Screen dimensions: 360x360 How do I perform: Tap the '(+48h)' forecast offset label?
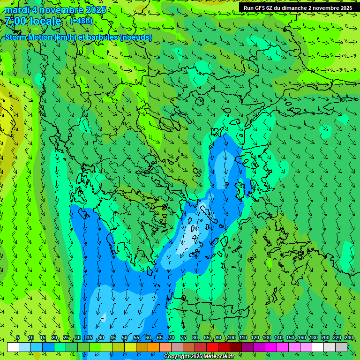pos(81,21)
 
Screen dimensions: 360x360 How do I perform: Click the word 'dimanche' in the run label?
pos(296,8)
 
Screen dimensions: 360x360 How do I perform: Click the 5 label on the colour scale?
pos(18,338)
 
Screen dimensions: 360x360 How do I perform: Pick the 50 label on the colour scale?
pos(125,338)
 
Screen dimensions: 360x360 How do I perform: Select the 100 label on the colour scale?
pos(232,338)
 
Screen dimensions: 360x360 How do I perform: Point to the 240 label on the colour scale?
pos(349,338)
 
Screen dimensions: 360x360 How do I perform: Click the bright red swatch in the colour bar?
pos(212,347)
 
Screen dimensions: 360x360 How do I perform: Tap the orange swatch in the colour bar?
pos(154,347)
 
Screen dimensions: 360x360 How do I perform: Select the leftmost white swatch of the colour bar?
pos(13,347)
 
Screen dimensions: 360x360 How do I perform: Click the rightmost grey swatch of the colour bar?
pos(341,347)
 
